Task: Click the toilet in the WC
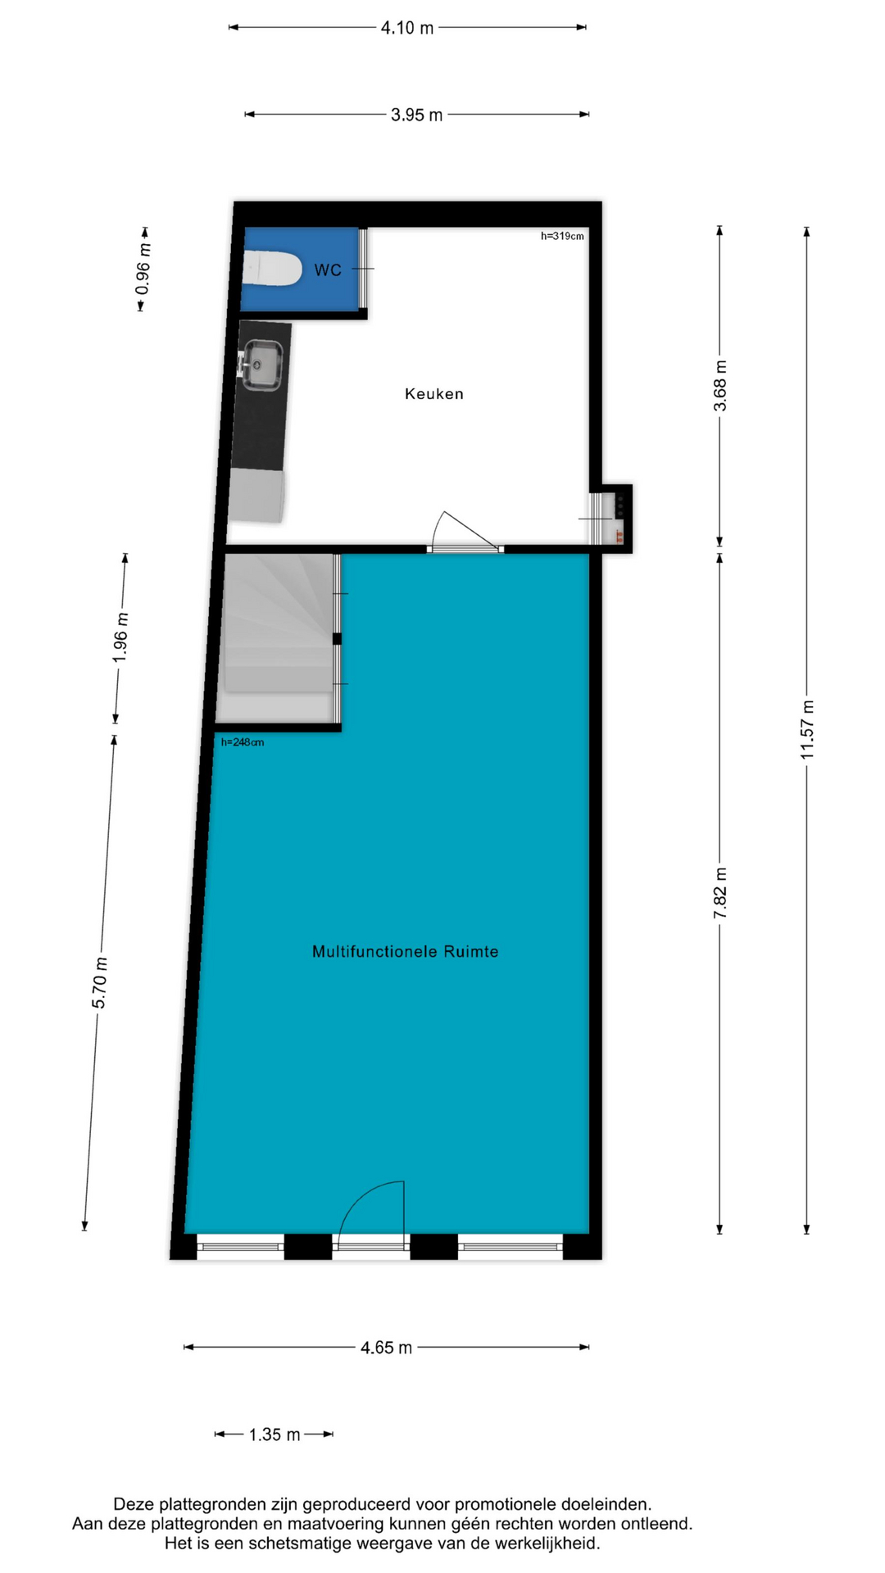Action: (x=273, y=269)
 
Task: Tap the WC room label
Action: (x=328, y=270)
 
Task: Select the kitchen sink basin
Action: (x=263, y=365)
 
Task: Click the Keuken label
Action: (x=434, y=394)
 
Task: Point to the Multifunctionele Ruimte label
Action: (x=406, y=951)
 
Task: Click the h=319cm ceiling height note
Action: (x=562, y=236)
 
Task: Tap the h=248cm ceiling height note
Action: (x=243, y=742)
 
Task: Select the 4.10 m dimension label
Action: (x=407, y=28)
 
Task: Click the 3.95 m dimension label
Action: (x=417, y=115)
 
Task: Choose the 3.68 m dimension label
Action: (x=720, y=386)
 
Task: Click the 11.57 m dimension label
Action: (x=808, y=729)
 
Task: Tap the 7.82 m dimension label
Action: (x=720, y=892)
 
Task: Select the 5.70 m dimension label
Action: (x=99, y=983)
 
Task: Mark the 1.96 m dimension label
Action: (x=120, y=637)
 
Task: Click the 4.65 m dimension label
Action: (x=387, y=1348)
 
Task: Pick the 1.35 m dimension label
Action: (x=275, y=1435)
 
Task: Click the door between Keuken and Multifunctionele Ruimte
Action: (x=465, y=533)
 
